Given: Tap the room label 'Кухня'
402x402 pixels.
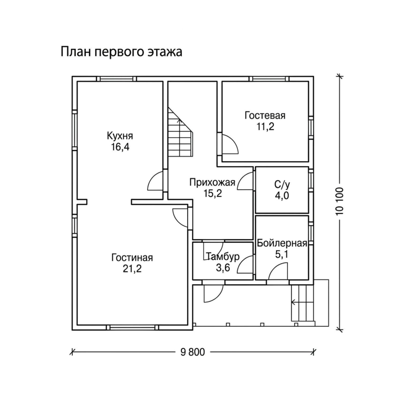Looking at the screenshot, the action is (x=120, y=136).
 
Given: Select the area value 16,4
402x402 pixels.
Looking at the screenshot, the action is (x=121, y=147).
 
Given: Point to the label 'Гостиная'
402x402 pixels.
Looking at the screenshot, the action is (x=132, y=258).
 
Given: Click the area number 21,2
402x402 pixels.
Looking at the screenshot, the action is (x=132, y=269).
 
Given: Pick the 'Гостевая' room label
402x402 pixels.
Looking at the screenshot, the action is (x=265, y=116).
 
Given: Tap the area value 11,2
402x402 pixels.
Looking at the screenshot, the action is (x=266, y=126).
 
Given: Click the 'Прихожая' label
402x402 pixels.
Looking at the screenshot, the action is (x=212, y=183).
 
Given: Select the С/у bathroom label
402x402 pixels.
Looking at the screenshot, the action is (x=282, y=185).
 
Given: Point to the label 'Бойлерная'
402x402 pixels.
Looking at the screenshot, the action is (x=282, y=243).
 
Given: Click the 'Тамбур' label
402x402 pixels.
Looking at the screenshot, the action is (x=223, y=257).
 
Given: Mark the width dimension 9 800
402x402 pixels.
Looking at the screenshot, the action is (x=192, y=352).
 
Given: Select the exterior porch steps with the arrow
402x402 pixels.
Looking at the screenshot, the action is (x=303, y=303).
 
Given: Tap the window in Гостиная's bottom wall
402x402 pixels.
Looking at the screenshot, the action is (x=132, y=327).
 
